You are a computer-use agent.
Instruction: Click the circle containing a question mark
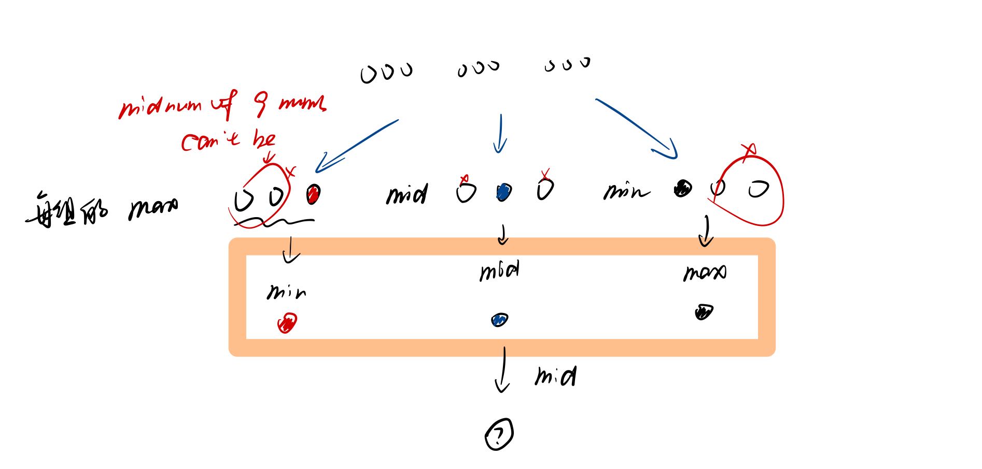(499, 434)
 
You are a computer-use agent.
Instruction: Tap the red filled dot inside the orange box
(287, 323)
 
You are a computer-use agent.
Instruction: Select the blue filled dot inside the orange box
(499, 320)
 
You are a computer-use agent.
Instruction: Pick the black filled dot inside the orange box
(704, 312)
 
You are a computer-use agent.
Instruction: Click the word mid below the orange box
(555, 377)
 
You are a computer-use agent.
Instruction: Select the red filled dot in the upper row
(313, 194)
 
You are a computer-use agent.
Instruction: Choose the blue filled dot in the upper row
(502, 192)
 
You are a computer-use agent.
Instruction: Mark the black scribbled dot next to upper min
(682, 189)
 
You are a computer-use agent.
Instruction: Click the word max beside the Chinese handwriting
(153, 208)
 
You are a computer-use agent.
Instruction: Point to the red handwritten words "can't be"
(228, 140)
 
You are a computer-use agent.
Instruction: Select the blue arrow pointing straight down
(500, 134)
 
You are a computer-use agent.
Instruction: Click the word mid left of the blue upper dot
(407, 194)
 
